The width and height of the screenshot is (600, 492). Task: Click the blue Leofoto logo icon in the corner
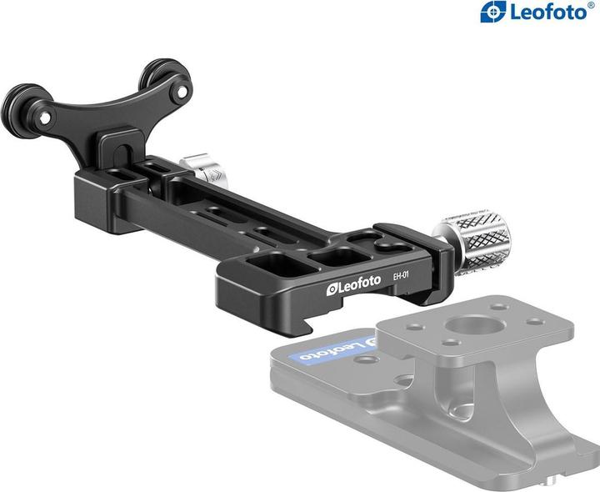[493, 13]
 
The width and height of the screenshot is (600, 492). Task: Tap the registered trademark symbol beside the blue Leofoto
[591, 7]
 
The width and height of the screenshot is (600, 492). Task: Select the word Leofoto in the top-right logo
[545, 13]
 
